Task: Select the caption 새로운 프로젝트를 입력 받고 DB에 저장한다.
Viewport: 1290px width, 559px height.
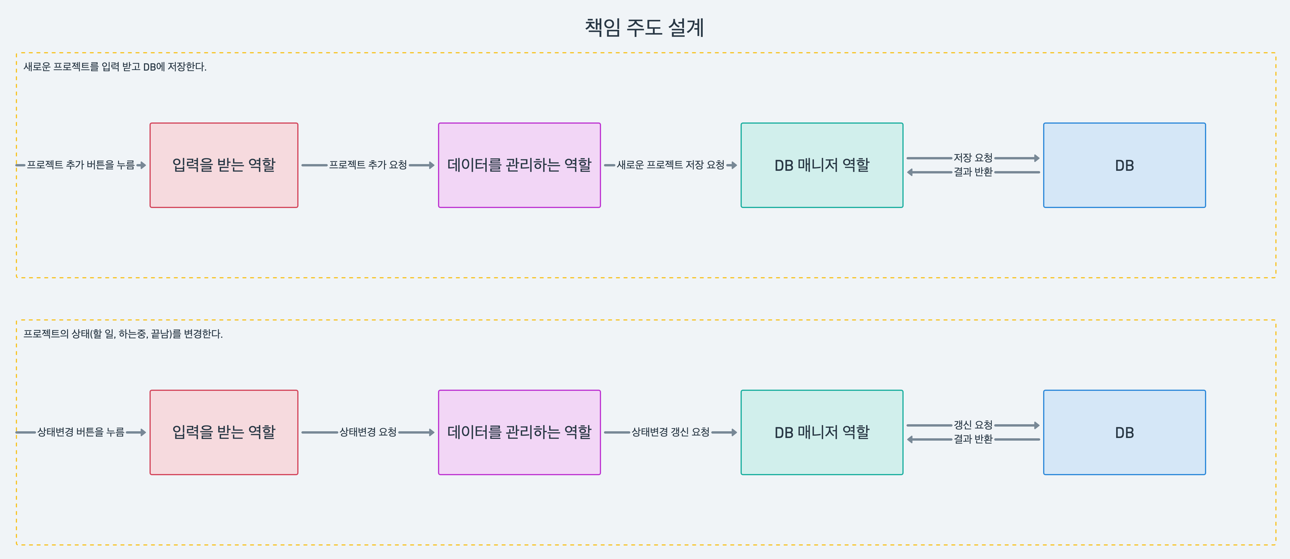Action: (x=115, y=67)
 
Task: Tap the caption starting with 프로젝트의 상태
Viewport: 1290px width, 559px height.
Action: (x=123, y=334)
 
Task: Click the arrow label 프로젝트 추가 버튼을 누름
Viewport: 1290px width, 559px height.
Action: (x=81, y=165)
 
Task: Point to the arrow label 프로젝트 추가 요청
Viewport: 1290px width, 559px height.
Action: (x=368, y=165)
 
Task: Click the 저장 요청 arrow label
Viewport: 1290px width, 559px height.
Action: (x=972, y=158)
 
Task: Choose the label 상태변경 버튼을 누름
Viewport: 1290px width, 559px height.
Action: (x=81, y=432)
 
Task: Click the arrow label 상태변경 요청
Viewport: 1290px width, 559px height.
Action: (x=368, y=432)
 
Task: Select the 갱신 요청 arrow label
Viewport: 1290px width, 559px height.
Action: (x=972, y=425)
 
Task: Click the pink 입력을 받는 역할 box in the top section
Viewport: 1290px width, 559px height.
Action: (x=224, y=165)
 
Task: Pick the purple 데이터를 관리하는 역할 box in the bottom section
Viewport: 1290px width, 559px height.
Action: (x=519, y=432)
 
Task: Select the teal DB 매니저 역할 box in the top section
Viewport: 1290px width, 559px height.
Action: (x=822, y=165)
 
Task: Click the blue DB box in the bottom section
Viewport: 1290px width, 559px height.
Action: (x=1124, y=432)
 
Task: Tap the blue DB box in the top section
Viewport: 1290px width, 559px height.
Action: (x=1124, y=165)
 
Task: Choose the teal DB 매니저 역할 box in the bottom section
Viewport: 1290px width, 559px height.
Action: (x=822, y=432)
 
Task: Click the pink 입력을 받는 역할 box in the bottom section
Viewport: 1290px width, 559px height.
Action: (x=224, y=432)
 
